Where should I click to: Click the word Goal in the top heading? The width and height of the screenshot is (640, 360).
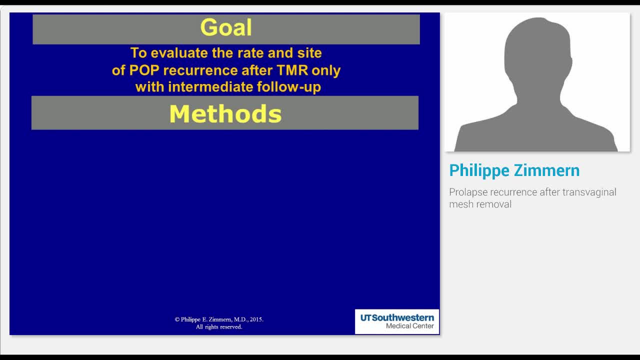point(226,28)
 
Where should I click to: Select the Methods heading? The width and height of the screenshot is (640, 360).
point(225,114)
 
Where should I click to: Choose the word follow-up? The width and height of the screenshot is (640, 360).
point(288,87)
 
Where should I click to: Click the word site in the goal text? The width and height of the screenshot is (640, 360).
point(309,53)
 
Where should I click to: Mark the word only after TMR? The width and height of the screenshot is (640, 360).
point(326,70)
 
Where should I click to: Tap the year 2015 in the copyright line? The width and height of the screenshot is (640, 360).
point(255,319)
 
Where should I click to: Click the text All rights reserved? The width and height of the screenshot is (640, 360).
point(219,327)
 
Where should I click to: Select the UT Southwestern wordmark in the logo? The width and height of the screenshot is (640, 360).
point(397,317)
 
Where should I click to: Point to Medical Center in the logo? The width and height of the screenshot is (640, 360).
point(409,326)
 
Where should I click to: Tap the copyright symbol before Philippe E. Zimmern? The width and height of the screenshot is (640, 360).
point(177,319)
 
